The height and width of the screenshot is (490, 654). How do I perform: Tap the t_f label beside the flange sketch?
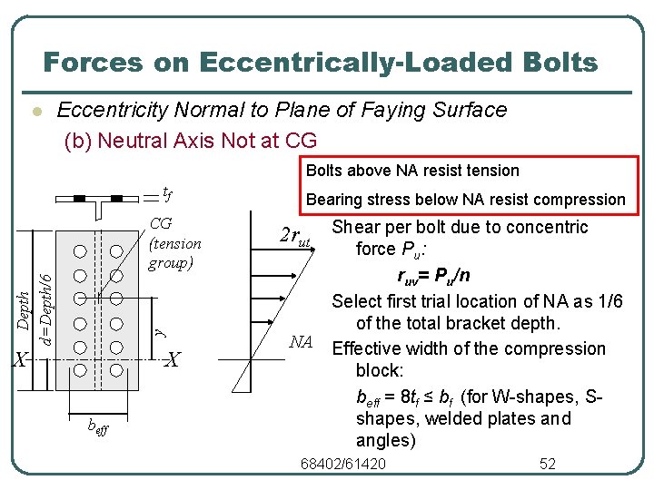[167, 191]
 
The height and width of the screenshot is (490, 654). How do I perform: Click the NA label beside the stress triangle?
[301, 342]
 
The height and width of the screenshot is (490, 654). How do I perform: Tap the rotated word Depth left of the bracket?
[26, 309]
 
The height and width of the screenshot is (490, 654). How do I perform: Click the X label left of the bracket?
[19, 360]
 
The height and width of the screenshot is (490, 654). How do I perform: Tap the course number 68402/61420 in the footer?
[342, 465]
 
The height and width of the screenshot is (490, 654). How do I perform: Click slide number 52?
[547, 465]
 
